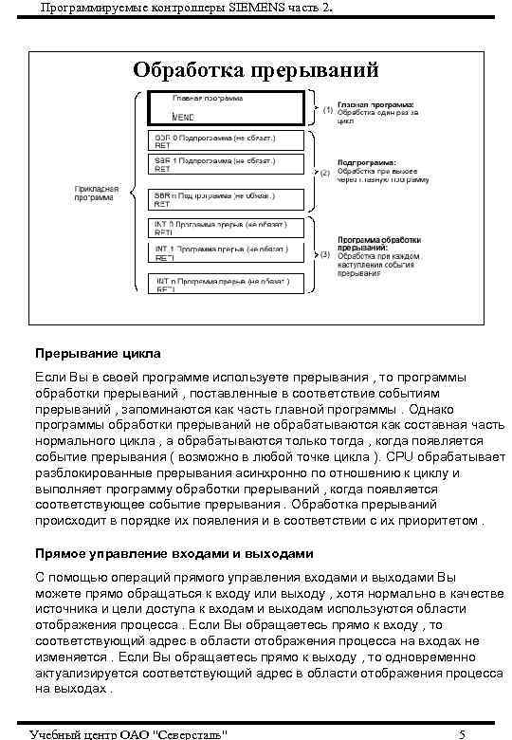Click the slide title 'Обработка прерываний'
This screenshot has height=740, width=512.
[256, 70]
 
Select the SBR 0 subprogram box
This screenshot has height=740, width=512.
[227, 141]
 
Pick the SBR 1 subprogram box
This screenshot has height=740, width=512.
[227, 165]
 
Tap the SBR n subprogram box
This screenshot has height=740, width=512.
[227, 199]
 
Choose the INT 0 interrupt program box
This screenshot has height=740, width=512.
[229, 229]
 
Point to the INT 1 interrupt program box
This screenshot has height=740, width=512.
[229, 253]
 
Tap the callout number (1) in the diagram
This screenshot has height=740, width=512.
[327, 110]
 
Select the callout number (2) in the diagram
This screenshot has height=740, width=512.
[324, 173]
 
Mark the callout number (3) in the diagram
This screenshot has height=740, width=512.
[324, 254]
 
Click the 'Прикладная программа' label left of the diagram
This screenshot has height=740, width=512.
[97, 194]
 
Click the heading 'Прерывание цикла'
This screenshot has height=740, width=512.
[98, 354]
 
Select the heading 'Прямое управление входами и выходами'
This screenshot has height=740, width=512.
[173, 553]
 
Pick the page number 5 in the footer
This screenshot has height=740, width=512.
[461, 733]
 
